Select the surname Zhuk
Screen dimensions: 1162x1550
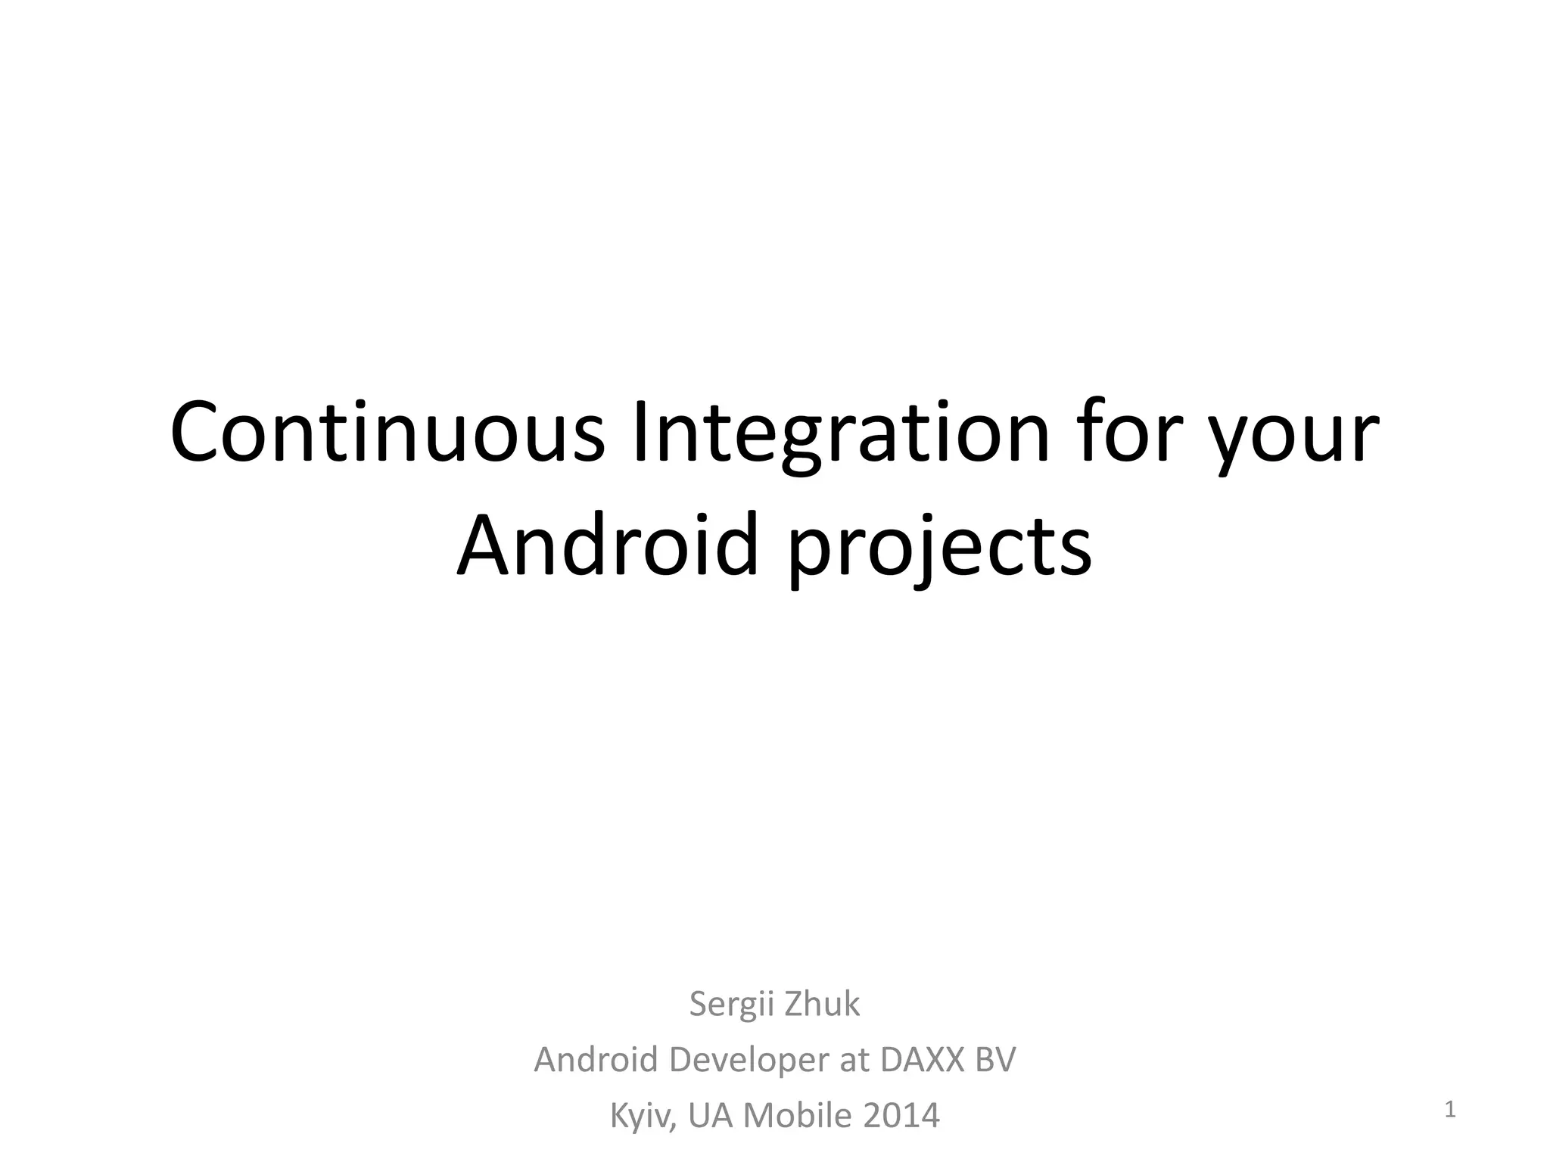pos(823,1004)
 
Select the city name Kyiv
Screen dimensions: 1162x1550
pos(643,1117)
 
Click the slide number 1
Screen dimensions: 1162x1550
pos(1450,1110)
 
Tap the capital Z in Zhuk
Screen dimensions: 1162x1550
pos(793,1004)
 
